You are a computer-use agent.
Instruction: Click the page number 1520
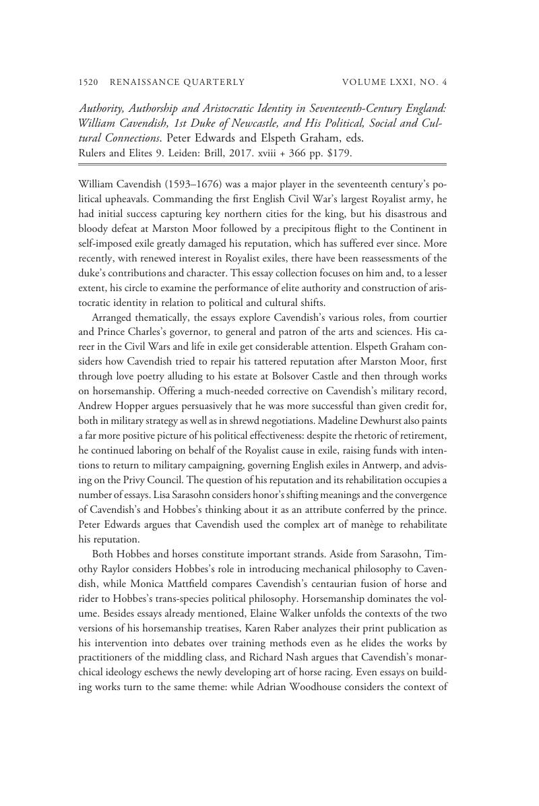point(89,82)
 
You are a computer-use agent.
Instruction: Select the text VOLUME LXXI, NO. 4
point(395,82)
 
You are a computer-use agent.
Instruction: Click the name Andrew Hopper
point(112,406)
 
